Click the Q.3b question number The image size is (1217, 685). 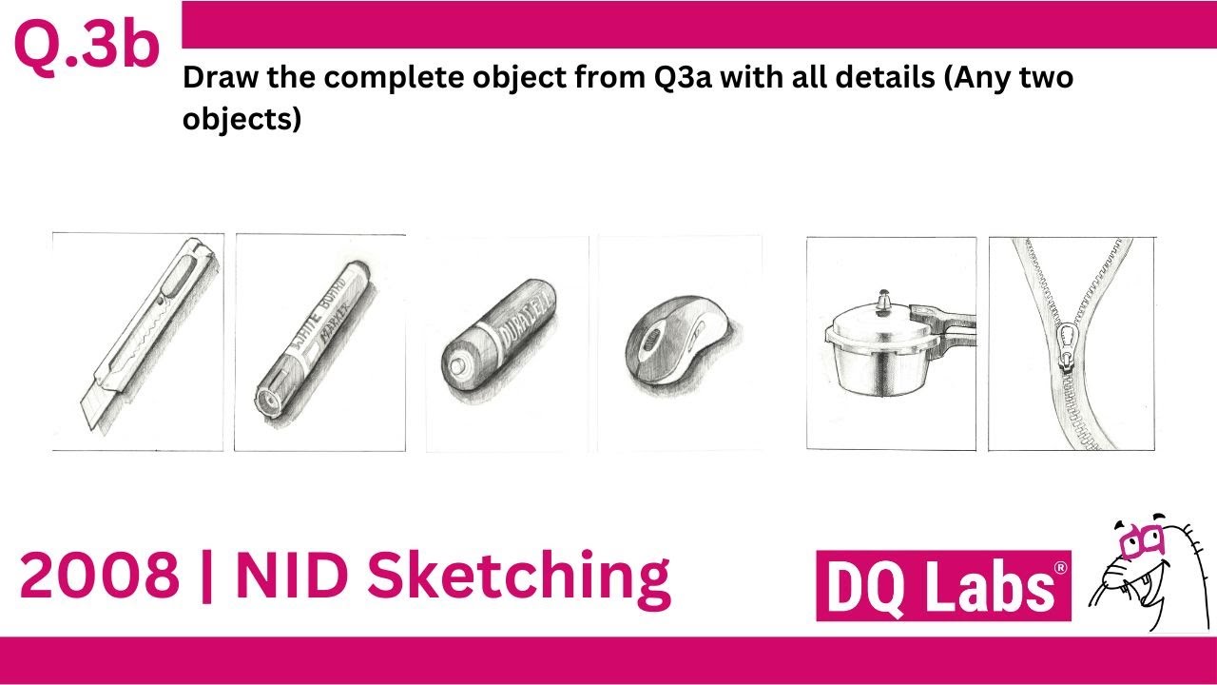tap(86, 48)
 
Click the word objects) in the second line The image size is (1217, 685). tap(241, 121)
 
